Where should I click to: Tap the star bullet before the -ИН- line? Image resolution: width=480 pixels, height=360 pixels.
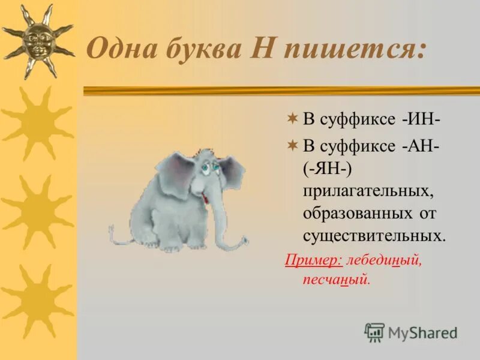(x=292, y=119)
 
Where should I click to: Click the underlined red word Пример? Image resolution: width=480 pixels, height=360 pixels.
(x=313, y=260)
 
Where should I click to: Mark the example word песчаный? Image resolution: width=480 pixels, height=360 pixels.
(x=337, y=280)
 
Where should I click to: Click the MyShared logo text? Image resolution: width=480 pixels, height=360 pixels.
(x=422, y=332)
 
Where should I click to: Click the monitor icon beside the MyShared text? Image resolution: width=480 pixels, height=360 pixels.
(x=374, y=332)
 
